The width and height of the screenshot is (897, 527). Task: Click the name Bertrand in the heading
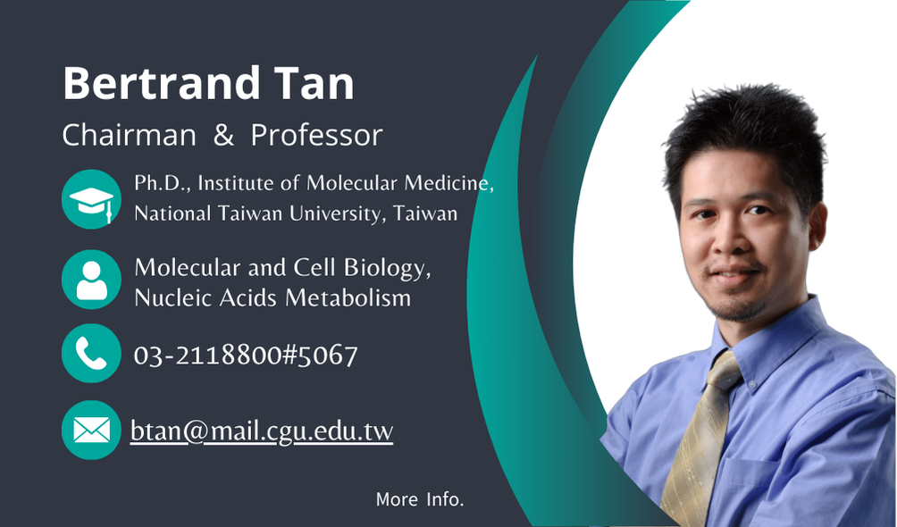coord(162,84)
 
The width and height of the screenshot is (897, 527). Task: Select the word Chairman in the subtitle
coord(130,136)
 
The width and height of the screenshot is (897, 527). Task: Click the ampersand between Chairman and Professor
coord(223,136)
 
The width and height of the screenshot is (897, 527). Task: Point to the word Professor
coord(316,136)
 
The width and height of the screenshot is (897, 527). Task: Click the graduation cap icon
coord(91,199)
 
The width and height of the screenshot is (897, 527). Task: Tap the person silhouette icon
coord(91,280)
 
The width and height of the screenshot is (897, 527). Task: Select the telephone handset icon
coord(91,353)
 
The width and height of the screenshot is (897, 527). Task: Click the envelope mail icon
coord(91,430)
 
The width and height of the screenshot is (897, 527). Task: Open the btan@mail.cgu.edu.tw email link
coord(262,431)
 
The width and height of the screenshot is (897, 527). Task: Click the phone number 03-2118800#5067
coord(246,356)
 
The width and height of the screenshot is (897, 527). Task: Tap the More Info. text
coord(420,499)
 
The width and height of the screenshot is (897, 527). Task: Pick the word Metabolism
coord(348,297)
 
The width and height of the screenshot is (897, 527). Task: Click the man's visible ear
coord(817,226)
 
